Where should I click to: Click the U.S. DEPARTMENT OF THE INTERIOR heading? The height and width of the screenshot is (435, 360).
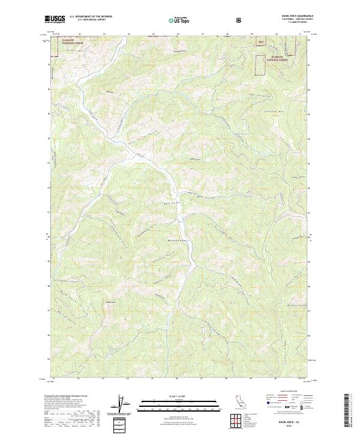coord(91,17)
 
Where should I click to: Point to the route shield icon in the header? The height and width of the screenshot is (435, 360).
coord(239,20)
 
